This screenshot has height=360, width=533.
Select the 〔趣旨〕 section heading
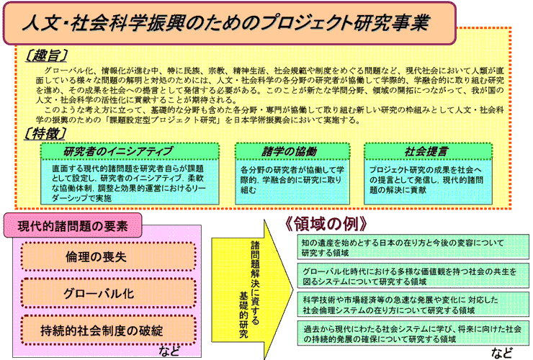[42, 55]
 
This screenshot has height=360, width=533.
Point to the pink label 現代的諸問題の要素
[73, 226]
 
